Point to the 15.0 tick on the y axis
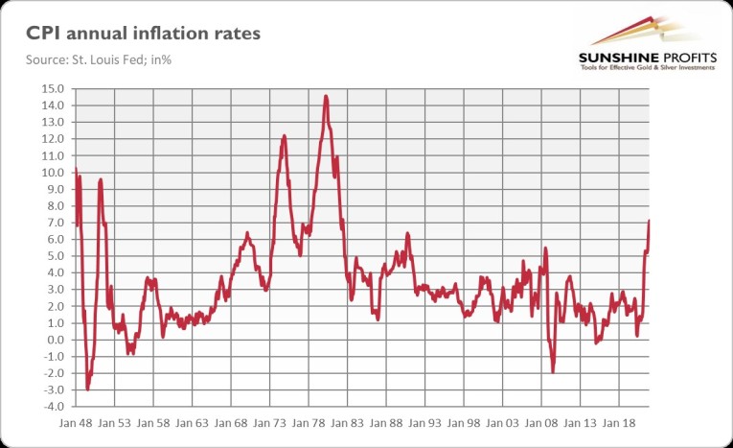coord(51,88)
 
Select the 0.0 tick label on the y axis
coord(56,340)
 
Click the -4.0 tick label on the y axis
coord(53,407)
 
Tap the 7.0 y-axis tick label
coord(56,223)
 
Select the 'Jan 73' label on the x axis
coord(272,422)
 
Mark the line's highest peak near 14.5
coord(327,96)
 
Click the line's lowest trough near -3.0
coord(87,389)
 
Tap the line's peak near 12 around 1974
coord(284,136)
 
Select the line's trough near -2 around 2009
coord(553,371)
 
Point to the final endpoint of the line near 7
coord(649,222)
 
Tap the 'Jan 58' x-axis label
coord(154,422)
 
